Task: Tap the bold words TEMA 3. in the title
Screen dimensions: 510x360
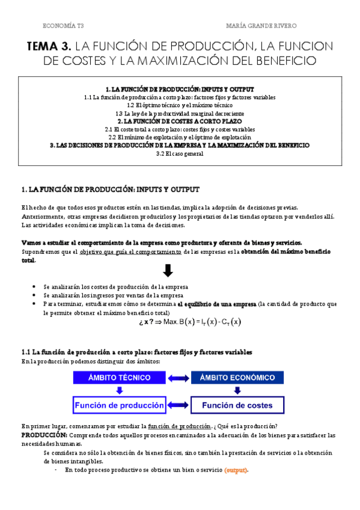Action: (50, 46)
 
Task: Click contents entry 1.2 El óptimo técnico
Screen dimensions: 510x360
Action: (180, 105)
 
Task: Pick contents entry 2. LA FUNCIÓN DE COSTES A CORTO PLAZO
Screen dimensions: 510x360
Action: (180, 121)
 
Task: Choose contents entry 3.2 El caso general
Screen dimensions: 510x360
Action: (180, 153)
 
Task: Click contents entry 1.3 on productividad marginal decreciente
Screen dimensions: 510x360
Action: (180, 113)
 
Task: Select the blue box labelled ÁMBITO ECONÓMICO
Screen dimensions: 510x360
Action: (239, 378)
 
